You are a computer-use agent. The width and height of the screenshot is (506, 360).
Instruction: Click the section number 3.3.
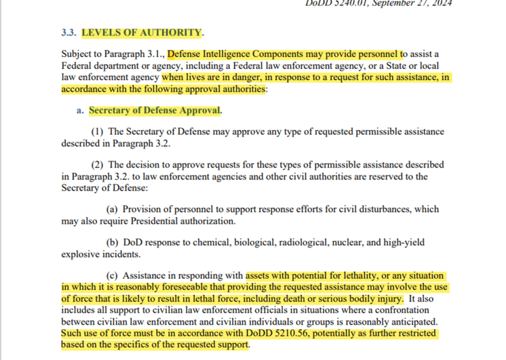click(69, 33)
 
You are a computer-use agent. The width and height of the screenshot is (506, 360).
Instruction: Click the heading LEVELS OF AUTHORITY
click(141, 33)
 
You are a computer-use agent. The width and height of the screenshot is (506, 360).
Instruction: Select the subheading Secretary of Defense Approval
click(154, 110)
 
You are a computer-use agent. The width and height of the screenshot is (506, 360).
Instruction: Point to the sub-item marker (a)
click(112, 209)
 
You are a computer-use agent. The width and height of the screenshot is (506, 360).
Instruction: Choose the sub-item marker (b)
click(113, 242)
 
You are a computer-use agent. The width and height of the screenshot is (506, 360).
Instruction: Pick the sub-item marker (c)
click(112, 275)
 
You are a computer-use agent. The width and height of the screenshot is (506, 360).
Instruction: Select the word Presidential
click(156, 221)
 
